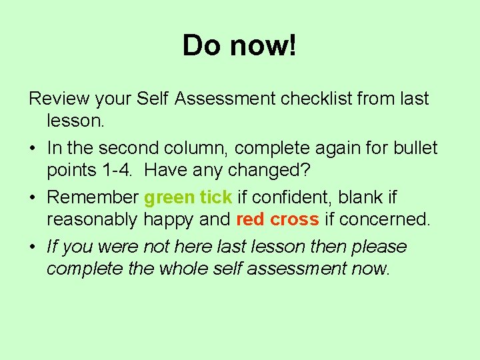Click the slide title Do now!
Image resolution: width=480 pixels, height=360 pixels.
pyautogui.click(x=239, y=45)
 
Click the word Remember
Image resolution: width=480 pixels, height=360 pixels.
pyautogui.click(x=93, y=197)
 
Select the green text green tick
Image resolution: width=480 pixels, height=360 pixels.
pyautogui.click(x=188, y=197)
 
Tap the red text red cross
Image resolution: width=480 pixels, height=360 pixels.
pyautogui.click(x=278, y=220)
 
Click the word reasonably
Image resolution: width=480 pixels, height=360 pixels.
pyautogui.click(x=91, y=220)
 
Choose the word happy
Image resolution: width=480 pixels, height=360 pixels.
pyautogui.click(x=167, y=220)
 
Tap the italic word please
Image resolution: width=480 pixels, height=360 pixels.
pyautogui.click(x=377, y=247)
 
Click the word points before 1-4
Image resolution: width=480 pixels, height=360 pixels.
pyautogui.click(x=71, y=171)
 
